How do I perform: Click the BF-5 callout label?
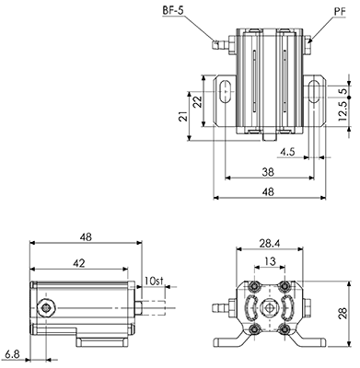click(x=172, y=10)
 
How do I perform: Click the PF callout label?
click(x=340, y=12)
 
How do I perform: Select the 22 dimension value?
click(x=198, y=101)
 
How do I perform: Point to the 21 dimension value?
click(x=183, y=116)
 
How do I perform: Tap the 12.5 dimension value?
click(x=343, y=110)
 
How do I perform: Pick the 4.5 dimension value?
click(x=287, y=152)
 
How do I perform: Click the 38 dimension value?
click(x=268, y=172)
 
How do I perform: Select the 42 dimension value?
click(x=79, y=263)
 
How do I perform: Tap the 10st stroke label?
click(x=153, y=281)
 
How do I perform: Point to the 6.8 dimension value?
click(x=13, y=354)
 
